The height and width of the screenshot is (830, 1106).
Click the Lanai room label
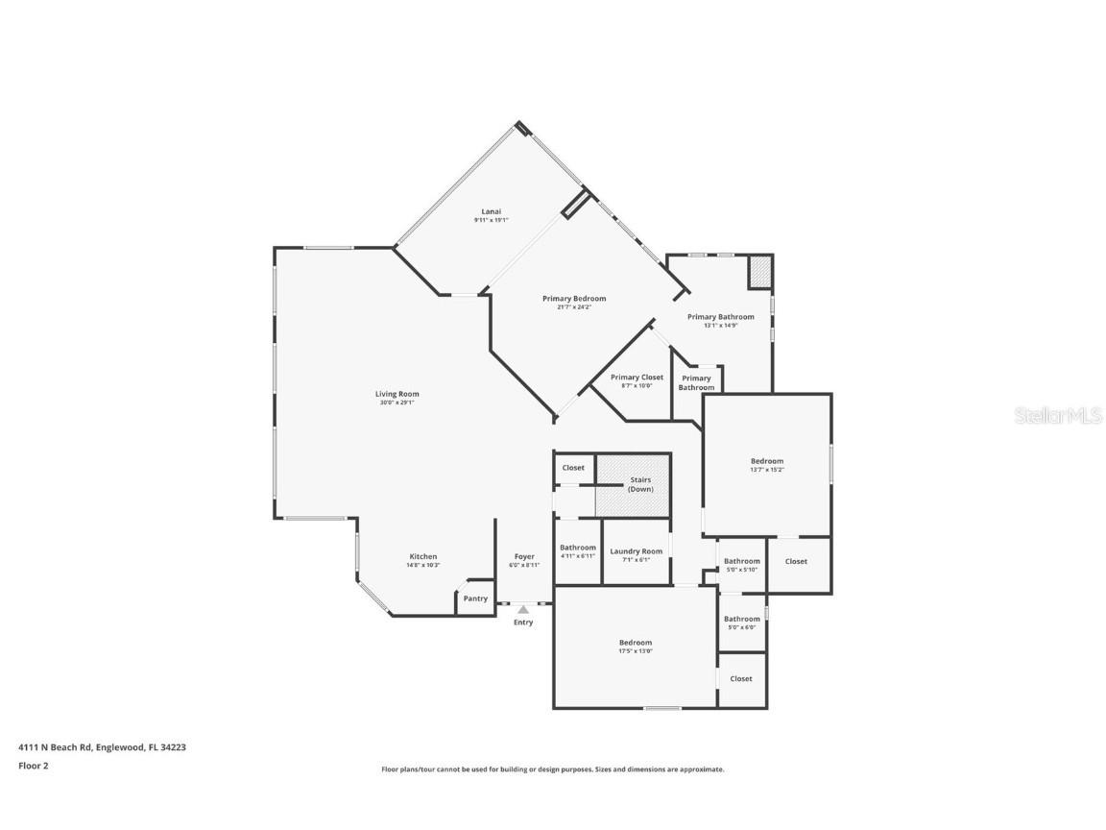point(491,211)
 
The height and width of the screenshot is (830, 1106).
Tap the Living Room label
point(397,394)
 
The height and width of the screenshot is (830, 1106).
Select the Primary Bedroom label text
point(574,299)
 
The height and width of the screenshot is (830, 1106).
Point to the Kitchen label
point(423,557)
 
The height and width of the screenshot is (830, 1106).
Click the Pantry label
point(475,598)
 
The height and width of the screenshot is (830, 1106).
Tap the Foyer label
point(524,557)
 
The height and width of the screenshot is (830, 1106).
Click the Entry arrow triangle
point(523,609)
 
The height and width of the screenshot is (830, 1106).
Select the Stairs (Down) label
point(640,484)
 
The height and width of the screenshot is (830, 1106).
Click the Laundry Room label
point(637,552)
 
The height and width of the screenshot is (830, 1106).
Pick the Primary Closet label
point(637,378)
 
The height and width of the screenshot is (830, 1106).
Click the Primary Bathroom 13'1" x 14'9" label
point(720,317)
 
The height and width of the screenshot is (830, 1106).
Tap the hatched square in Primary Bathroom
point(759,271)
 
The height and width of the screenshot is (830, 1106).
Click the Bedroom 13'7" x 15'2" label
point(766,462)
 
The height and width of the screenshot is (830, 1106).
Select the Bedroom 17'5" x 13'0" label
point(635,643)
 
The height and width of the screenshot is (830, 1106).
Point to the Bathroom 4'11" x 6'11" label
point(578,549)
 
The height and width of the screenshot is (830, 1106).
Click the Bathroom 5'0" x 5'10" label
point(741,562)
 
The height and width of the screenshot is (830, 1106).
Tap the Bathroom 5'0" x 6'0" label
point(741,620)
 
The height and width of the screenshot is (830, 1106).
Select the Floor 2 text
point(33,766)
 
